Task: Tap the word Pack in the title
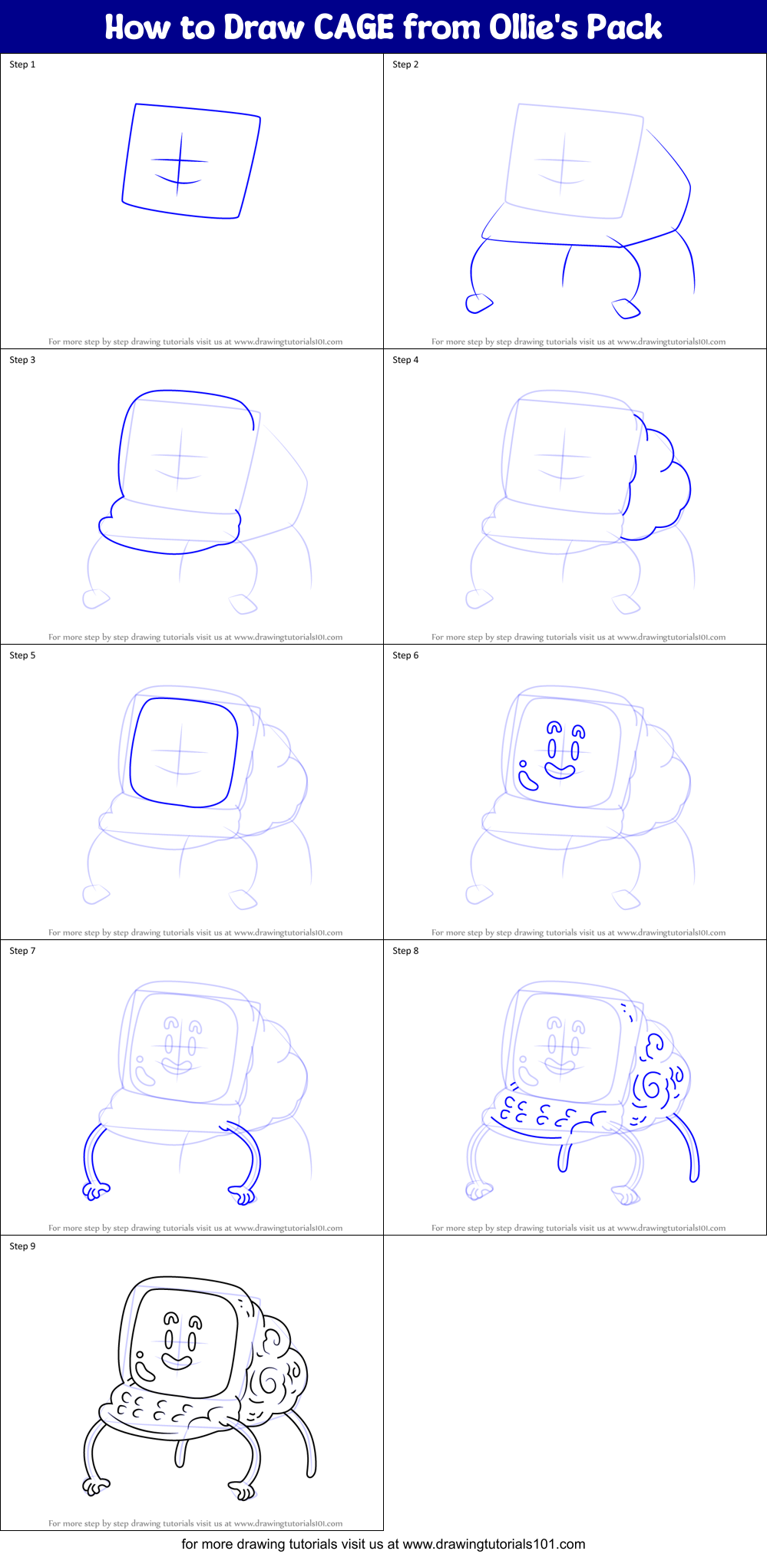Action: pos(623,28)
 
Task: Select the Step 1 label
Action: pos(22,64)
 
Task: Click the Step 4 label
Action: pos(405,360)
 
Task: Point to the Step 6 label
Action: pos(405,655)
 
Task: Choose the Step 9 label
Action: pos(22,1246)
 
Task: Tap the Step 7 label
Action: pos(22,951)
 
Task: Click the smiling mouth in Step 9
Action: pos(177,1361)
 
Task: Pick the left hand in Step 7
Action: pos(95,1191)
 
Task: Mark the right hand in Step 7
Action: pos(243,1194)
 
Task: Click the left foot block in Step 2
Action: pos(478,304)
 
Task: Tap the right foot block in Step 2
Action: pos(626,308)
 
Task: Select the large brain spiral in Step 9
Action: pos(269,1381)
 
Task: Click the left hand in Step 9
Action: pos(95,1486)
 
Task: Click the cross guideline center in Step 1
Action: pos(180,161)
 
